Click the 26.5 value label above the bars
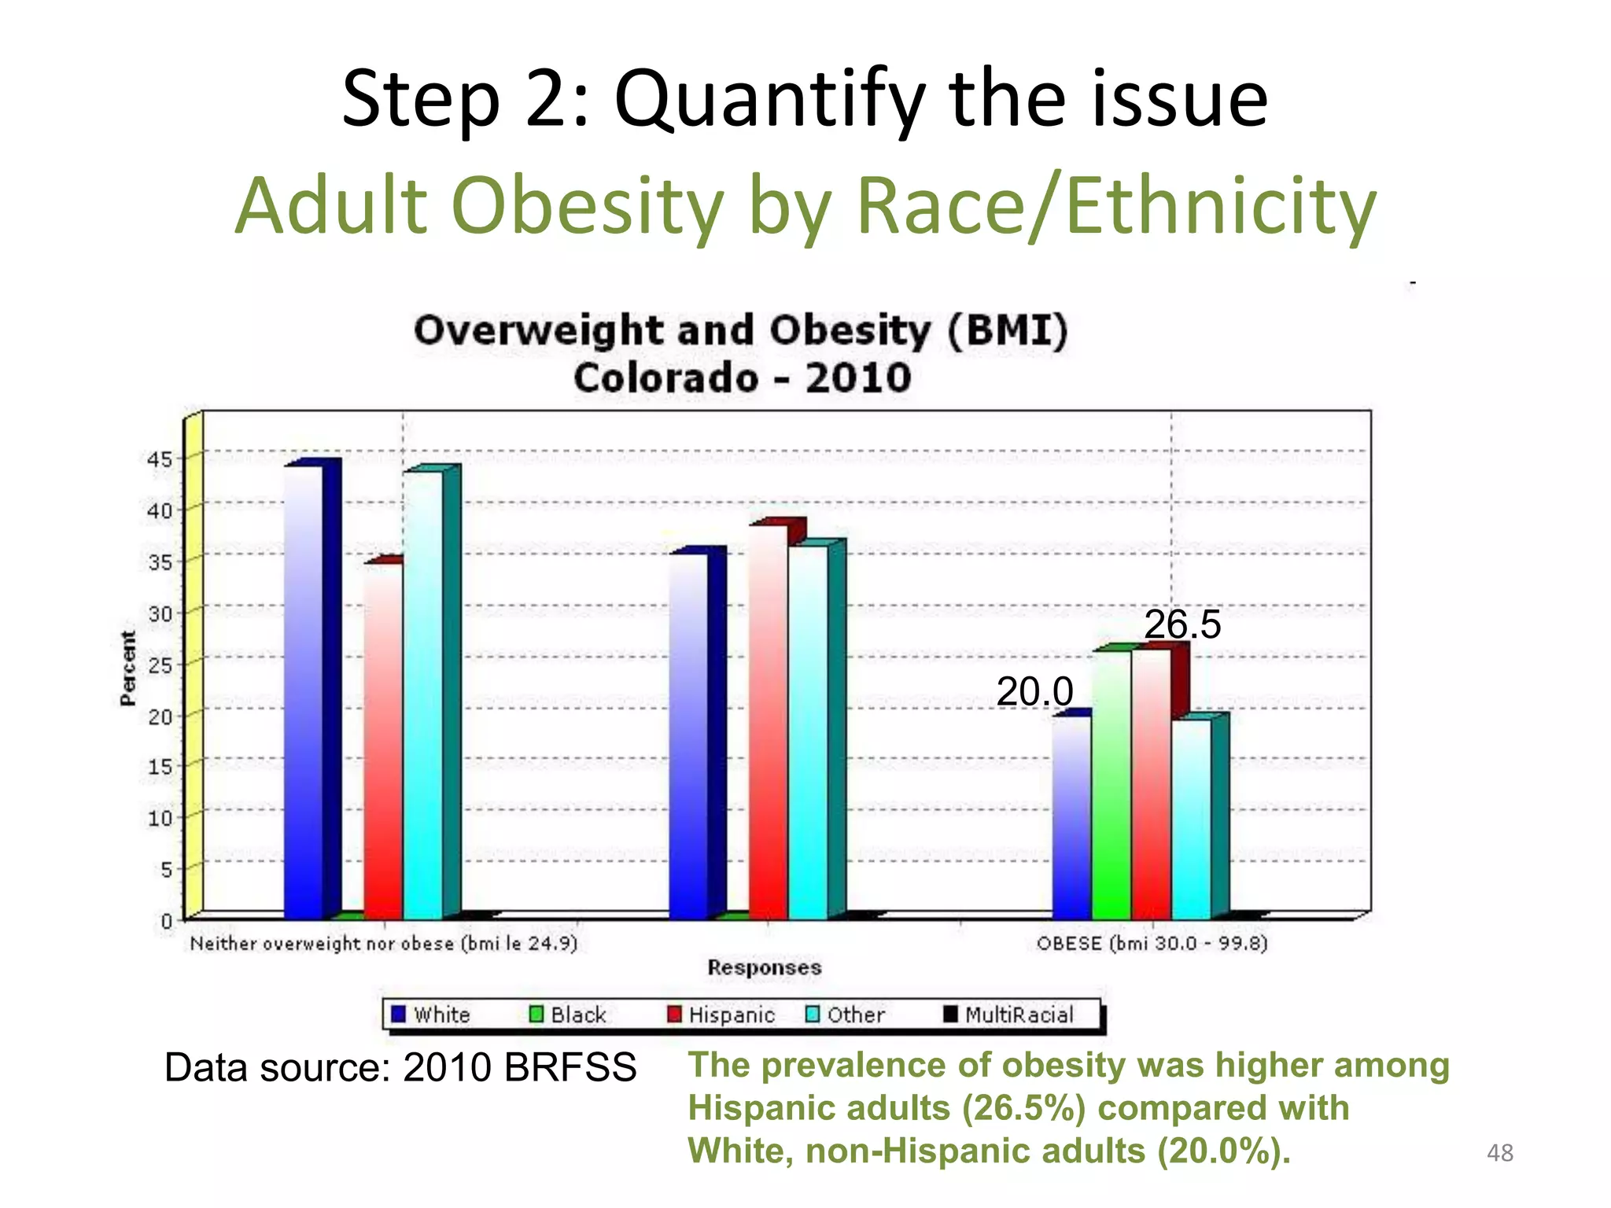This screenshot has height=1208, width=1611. (x=1182, y=624)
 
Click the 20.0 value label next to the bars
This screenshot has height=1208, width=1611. (x=1034, y=692)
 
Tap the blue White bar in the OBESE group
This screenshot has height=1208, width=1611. (x=1071, y=818)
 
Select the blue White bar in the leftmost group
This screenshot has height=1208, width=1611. (x=304, y=692)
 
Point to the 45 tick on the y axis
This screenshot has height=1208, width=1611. (x=159, y=459)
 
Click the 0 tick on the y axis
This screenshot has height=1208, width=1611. (x=167, y=920)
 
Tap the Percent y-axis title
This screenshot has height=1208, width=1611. (x=127, y=668)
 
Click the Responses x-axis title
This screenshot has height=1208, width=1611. (x=764, y=967)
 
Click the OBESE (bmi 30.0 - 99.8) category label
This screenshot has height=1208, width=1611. (x=1152, y=943)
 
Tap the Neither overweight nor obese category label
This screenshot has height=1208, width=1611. (x=384, y=943)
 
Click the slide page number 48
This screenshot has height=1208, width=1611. (x=1499, y=1153)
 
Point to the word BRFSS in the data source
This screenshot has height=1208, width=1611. (x=570, y=1068)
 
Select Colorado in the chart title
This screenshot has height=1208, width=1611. (x=665, y=378)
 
